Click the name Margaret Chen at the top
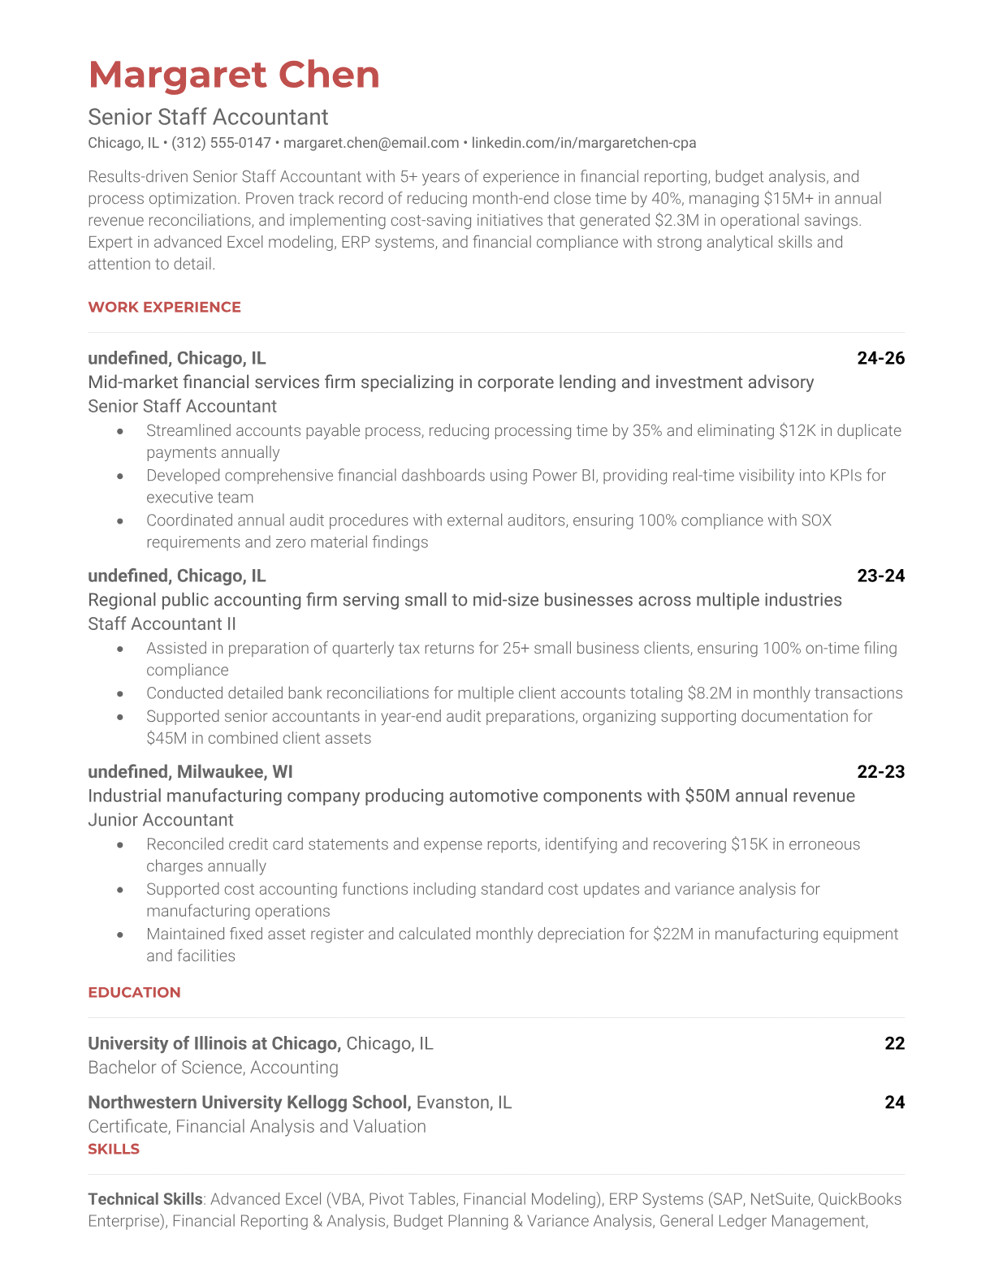[234, 75]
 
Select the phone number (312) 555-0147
[221, 143]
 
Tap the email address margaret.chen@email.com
[371, 143]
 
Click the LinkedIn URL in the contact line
[583, 143]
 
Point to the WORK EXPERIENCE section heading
[164, 307]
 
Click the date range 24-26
[880, 358]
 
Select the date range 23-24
[880, 576]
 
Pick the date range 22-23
[880, 771]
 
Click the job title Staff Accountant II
[162, 624]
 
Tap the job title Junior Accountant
[161, 820]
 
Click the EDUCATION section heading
[134, 992]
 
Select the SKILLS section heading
[114, 1149]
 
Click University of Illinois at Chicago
[213, 1043]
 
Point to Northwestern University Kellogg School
[248, 1103]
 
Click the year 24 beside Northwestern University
[894, 1103]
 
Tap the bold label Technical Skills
[145, 1199]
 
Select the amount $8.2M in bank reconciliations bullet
[709, 693]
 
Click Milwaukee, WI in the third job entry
[235, 771]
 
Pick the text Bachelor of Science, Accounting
[213, 1068]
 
